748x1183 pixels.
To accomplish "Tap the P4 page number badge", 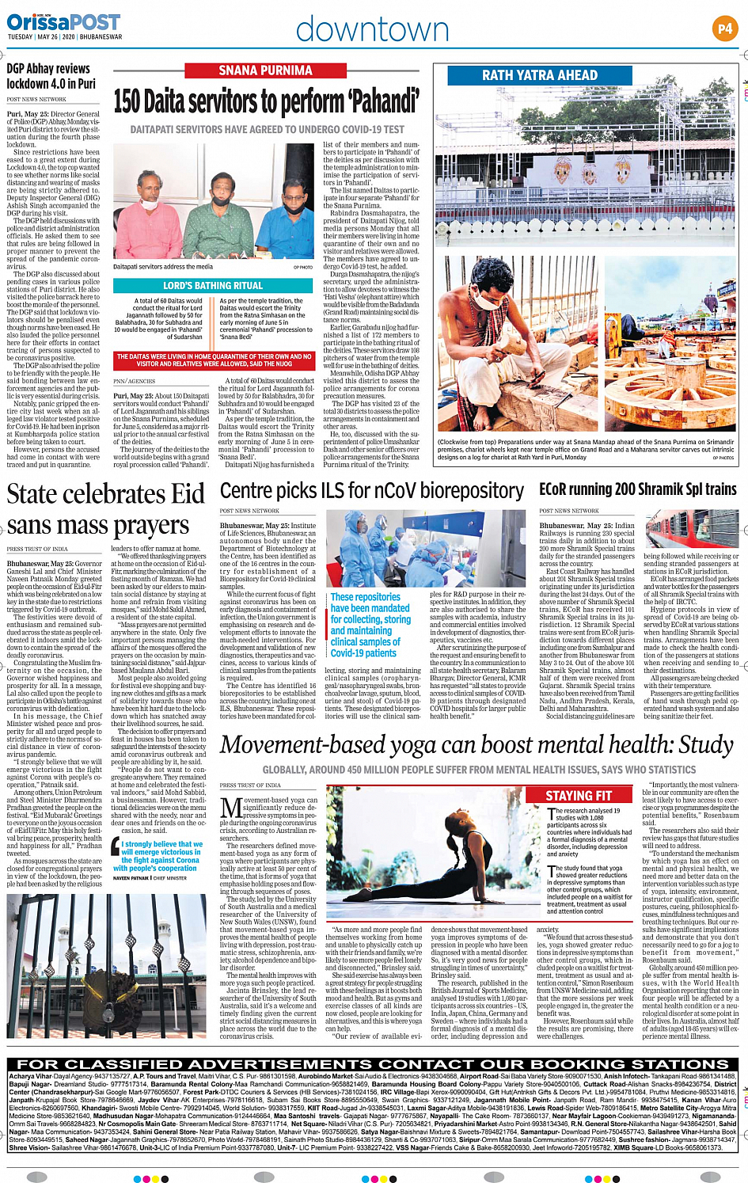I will [724, 29].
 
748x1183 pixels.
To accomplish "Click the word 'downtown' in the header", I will [372, 29].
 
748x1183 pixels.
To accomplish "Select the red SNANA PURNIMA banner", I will [265, 70].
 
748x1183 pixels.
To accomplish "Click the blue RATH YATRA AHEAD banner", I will [540, 75].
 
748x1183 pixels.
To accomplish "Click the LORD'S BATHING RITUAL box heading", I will [213, 285].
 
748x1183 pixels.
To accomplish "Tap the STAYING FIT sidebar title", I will [579, 796].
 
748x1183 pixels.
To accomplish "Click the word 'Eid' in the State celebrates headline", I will [188, 494].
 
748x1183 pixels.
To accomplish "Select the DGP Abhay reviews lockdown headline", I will [51, 76].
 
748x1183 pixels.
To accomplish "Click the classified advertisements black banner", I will [373, 1064].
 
